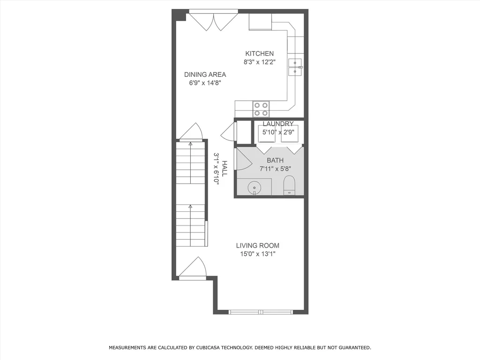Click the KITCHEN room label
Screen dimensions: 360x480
point(258,53)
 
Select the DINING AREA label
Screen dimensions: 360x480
point(205,75)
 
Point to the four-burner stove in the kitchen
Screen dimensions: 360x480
point(261,109)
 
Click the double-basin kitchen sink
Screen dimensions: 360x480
point(295,67)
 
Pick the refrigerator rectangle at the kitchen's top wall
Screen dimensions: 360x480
point(260,22)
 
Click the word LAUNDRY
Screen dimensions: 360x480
point(278,124)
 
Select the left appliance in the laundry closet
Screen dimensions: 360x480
point(268,133)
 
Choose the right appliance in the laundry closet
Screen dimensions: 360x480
point(290,133)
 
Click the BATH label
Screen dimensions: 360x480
point(275,160)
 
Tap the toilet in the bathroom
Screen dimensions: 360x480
point(289,186)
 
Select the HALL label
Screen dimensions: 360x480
point(225,168)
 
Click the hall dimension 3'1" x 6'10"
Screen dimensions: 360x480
point(217,168)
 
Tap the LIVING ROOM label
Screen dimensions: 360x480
point(257,245)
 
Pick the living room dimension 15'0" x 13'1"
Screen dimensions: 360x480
point(257,254)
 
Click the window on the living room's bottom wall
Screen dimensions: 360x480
point(261,312)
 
